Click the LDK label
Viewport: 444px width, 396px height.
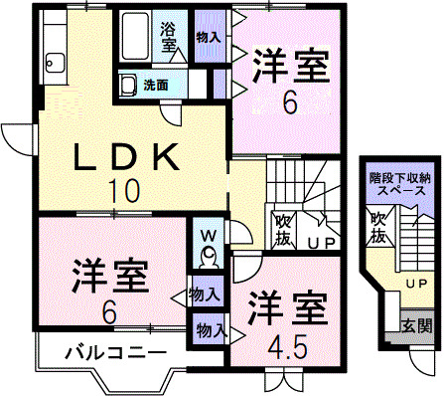click(x=127, y=157)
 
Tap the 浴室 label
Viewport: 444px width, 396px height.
click(x=170, y=37)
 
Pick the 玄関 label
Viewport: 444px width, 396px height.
click(x=416, y=324)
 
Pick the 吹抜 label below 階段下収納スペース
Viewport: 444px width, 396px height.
click(x=378, y=229)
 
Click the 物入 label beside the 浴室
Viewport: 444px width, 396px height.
click(x=208, y=35)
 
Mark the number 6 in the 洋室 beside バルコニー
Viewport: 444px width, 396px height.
click(x=108, y=309)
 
